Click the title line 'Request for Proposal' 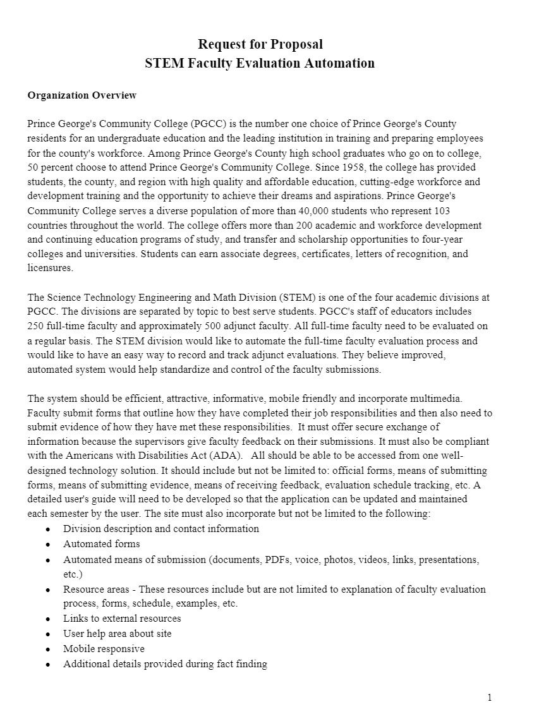[x=260, y=44]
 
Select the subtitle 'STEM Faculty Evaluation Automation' [x=260, y=63]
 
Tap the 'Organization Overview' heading [x=82, y=95]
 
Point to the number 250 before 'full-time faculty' [x=35, y=327]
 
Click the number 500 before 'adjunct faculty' [x=215, y=327]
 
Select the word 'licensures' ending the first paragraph [x=51, y=269]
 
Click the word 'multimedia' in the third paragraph [x=439, y=399]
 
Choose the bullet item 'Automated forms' [x=101, y=544]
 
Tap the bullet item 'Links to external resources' [x=122, y=619]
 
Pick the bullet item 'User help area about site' [x=117, y=634]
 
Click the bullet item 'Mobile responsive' [x=104, y=649]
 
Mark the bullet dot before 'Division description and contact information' [x=48, y=529]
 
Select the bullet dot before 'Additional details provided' [x=48, y=665]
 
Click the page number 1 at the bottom [x=489, y=698]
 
